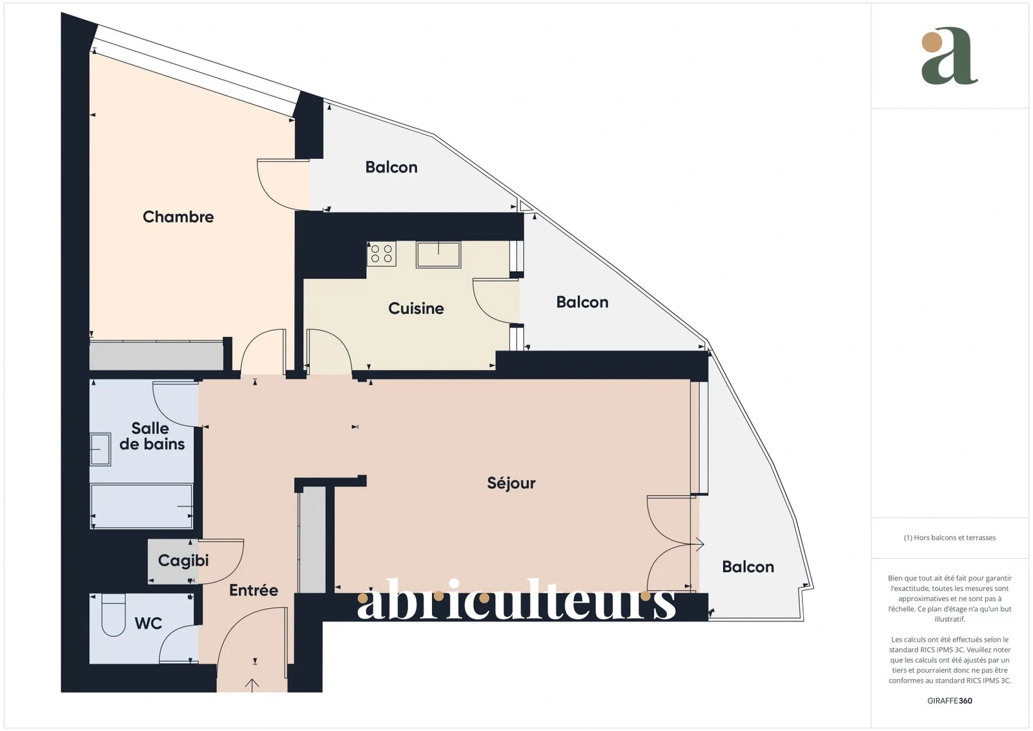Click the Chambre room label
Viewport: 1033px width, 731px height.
pyautogui.click(x=178, y=217)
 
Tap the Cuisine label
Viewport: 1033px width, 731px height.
pyautogui.click(x=416, y=308)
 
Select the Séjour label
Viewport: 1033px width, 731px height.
pyautogui.click(x=511, y=483)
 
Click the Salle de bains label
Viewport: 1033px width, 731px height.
pyautogui.click(x=152, y=436)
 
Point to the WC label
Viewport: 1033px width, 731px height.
pyautogui.click(x=148, y=623)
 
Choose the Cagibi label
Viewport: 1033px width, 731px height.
pyautogui.click(x=183, y=561)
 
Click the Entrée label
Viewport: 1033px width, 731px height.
pyautogui.click(x=254, y=590)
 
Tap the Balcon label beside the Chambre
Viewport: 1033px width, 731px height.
pyautogui.click(x=391, y=167)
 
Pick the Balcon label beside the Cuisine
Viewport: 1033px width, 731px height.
pyautogui.click(x=582, y=302)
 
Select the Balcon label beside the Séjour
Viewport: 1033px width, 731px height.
pyautogui.click(x=748, y=567)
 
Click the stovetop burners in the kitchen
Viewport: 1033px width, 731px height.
pyautogui.click(x=382, y=253)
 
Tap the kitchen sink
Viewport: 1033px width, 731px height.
pyautogui.click(x=438, y=254)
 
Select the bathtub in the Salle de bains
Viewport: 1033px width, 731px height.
pyautogui.click(x=141, y=506)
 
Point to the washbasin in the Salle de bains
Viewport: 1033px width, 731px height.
pyautogui.click(x=100, y=449)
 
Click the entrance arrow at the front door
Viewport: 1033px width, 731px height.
pyautogui.click(x=252, y=685)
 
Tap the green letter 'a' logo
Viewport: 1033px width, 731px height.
pyautogui.click(x=949, y=56)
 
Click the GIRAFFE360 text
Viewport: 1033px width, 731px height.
pyautogui.click(x=950, y=701)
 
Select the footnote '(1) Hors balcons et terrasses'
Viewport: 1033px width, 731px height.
pyautogui.click(x=950, y=538)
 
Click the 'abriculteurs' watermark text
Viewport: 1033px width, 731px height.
pyautogui.click(x=516, y=599)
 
